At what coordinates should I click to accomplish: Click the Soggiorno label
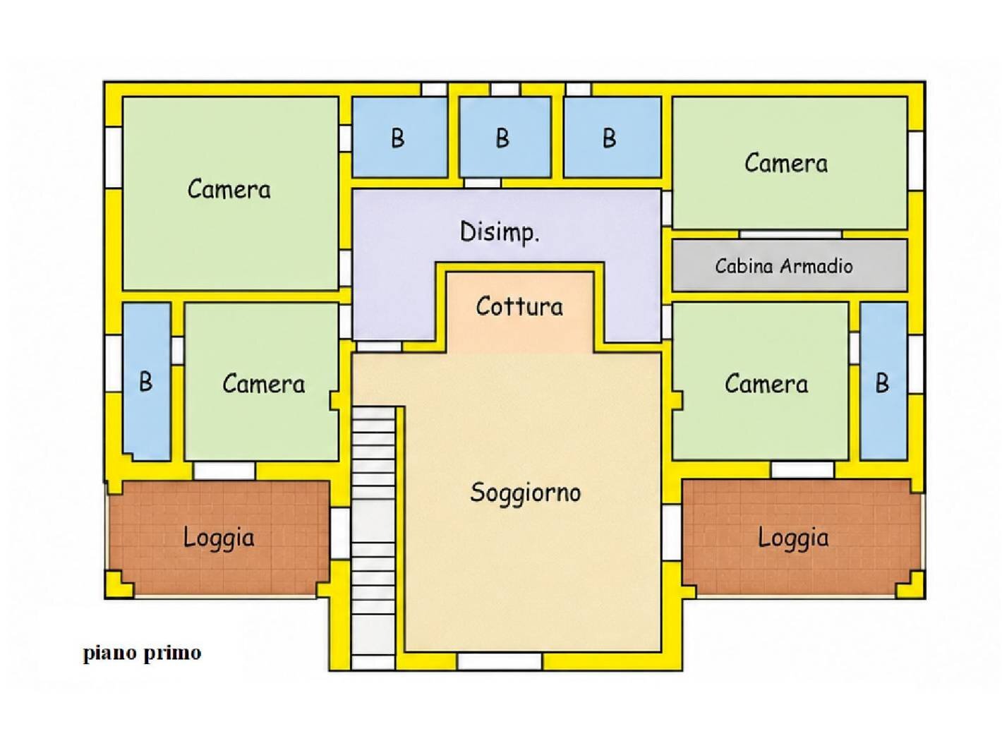(525, 493)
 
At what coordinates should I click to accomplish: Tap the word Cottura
(519, 306)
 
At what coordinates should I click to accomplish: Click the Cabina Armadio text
(784, 265)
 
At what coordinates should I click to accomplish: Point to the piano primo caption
(143, 653)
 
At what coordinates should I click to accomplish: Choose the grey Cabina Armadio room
(790, 265)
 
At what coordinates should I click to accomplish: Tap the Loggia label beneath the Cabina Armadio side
(793, 538)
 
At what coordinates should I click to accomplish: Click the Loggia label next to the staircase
(219, 538)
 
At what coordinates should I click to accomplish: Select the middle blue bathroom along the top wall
(505, 137)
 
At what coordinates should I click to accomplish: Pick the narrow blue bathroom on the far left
(147, 382)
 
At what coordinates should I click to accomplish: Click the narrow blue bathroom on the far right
(883, 381)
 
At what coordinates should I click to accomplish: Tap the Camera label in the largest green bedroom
(229, 189)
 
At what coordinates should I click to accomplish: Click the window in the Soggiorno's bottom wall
(499, 662)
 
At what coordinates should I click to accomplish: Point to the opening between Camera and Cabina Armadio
(790, 234)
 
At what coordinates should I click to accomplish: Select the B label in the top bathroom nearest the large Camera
(397, 138)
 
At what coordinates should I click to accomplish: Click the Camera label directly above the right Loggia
(766, 384)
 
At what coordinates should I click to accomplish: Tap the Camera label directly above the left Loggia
(263, 384)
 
